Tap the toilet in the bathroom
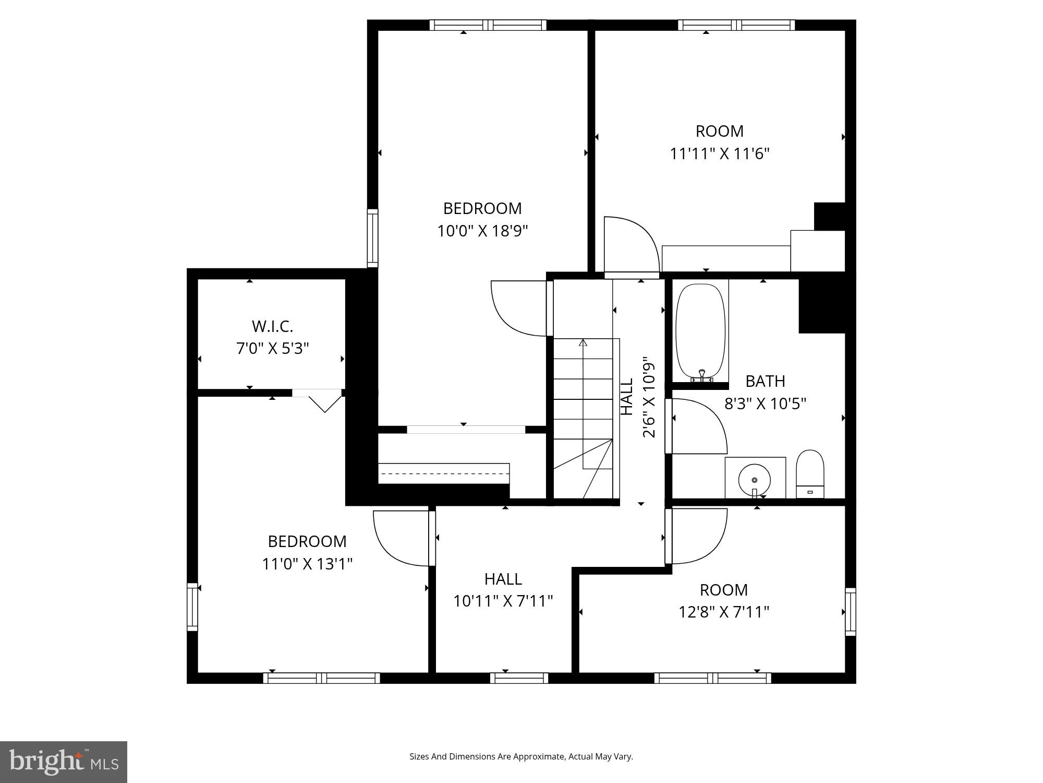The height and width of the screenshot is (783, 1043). [810, 473]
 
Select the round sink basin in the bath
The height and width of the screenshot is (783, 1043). [755, 479]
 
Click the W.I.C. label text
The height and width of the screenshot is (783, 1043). [272, 326]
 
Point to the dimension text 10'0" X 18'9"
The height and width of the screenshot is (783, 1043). [482, 231]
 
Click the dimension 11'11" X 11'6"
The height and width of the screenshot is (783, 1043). [720, 154]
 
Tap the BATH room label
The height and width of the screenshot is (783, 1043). [765, 381]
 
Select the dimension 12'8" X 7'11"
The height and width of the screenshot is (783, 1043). [724, 612]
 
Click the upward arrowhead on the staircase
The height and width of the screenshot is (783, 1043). [583, 343]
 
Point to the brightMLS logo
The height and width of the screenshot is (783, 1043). [64, 762]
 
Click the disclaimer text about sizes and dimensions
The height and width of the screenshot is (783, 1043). [521, 756]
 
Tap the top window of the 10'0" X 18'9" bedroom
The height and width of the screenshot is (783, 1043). [488, 25]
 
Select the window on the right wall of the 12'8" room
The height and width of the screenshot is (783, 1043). [850, 612]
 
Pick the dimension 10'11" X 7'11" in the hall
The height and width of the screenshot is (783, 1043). [503, 601]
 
